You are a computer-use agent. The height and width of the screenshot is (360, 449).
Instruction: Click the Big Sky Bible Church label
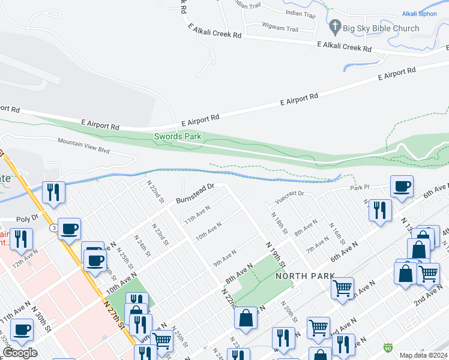point(381,28)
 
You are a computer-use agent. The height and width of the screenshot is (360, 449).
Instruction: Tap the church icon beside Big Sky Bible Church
point(335,28)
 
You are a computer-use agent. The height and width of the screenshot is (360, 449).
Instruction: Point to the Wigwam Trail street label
point(280,27)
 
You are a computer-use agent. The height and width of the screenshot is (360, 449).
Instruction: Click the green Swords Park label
point(177,136)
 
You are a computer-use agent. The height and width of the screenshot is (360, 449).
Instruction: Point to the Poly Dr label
point(28,218)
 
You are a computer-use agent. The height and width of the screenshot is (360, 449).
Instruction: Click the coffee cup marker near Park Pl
point(401,186)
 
